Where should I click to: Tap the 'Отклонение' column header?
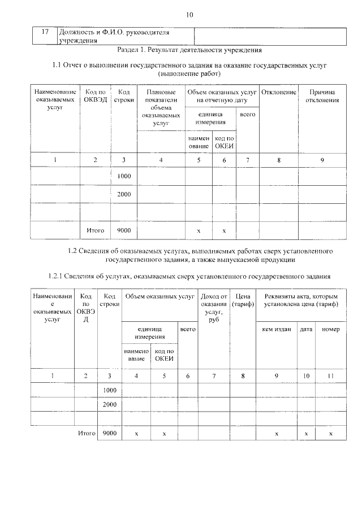279,91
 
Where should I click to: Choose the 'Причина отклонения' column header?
322,96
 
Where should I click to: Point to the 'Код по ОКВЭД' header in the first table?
95,96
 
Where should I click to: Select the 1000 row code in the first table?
124,177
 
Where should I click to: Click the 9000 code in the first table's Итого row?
124,230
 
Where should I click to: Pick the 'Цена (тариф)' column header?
243,300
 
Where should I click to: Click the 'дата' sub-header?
306,329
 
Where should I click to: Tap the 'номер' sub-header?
331,329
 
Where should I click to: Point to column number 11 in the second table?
331,375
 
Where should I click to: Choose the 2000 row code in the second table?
110,404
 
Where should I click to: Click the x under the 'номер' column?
331,433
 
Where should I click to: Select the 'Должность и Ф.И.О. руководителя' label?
113,32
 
